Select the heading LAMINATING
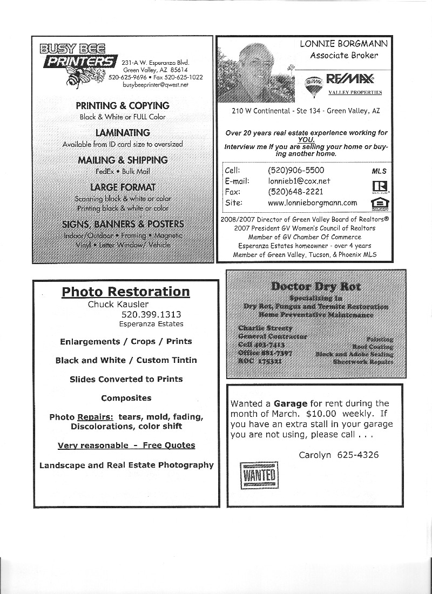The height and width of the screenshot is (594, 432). (123, 133)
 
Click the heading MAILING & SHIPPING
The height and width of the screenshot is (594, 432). (123, 160)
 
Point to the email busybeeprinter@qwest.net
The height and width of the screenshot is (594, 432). (155, 85)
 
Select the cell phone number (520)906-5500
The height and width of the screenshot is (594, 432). (296, 170)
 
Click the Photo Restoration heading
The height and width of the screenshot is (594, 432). (126, 292)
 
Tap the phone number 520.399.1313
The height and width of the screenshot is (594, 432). (151, 314)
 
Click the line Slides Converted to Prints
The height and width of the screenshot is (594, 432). (126, 379)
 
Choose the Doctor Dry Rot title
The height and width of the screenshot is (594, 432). (315, 286)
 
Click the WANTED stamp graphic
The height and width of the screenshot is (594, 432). (260, 475)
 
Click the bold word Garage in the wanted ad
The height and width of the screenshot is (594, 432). (291, 403)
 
